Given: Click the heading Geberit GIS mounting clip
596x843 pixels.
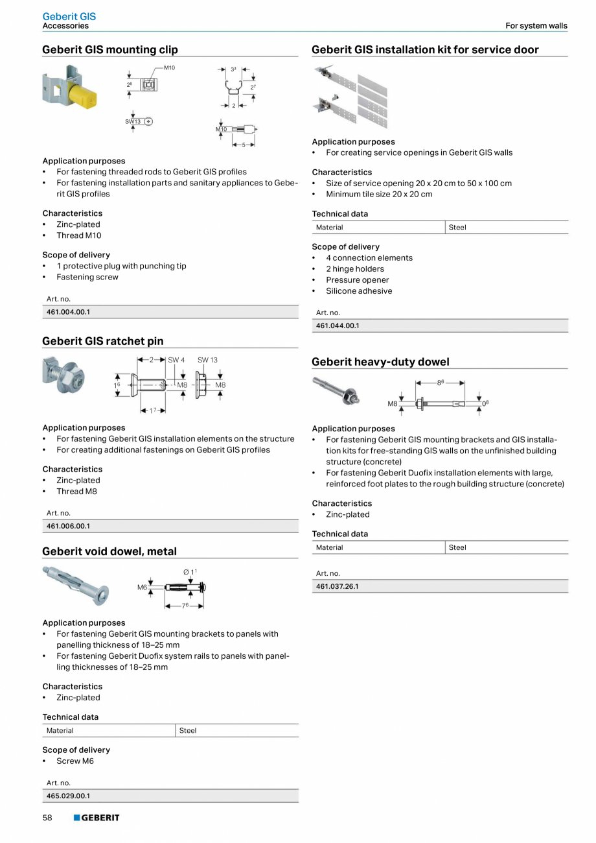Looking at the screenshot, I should (109, 50).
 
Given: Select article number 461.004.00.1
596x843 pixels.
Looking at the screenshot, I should (67, 312).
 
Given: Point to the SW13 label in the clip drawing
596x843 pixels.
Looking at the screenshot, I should (133, 121).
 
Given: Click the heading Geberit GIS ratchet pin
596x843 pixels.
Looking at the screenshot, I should (102, 341).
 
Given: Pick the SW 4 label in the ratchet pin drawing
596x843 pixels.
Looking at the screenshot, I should (176, 360).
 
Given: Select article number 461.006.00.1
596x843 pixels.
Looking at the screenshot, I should (67, 526).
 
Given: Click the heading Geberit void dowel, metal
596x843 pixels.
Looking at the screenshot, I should (109, 551).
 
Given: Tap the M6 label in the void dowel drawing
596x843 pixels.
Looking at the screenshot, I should (142, 587).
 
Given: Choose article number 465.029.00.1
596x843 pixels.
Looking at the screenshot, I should (67, 796).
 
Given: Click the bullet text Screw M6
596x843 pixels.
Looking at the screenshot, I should (74, 761).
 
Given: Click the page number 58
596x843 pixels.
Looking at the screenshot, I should (47, 818).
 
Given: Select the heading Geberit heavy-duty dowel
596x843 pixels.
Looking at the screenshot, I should (380, 362).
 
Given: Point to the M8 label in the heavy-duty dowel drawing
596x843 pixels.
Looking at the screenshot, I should (392, 403).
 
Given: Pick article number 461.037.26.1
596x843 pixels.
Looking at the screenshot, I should (337, 586).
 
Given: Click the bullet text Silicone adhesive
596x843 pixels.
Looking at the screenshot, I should (358, 291).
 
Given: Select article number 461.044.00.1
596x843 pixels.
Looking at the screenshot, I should (337, 326).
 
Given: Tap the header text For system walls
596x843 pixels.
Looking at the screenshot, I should (536, 26).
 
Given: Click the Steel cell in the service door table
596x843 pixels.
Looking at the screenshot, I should (457, 227).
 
